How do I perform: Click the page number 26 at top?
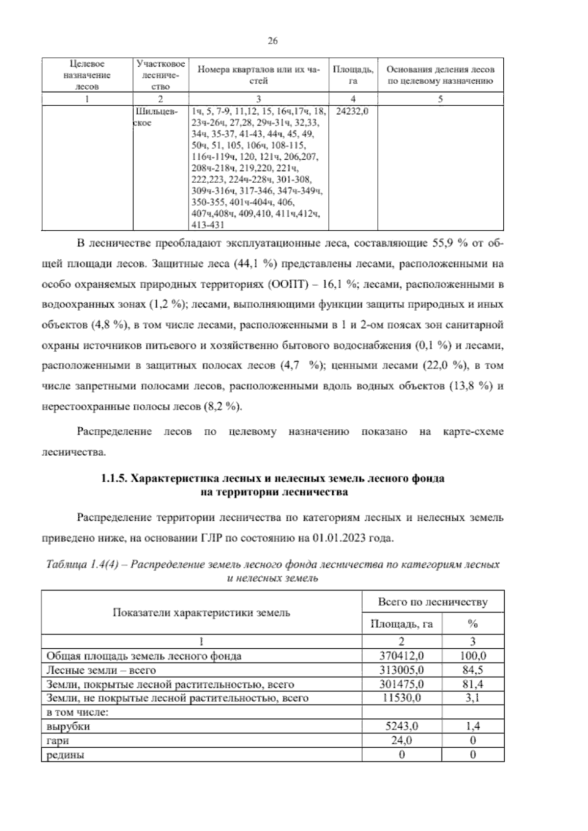(x=273, y=41)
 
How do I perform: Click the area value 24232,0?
(x=352, y=111)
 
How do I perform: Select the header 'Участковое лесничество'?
(x=161, y=75)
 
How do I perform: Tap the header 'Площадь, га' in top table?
(x=352, y=75)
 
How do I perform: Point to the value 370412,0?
(x=401, y=656)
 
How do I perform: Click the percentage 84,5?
(x=473, y=670)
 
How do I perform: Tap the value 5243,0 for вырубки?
(x=401, y=726)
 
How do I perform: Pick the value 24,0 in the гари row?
(x=401, y=740)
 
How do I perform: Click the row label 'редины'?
(x=65, y=755)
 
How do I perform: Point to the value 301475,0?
(x=401, y=684)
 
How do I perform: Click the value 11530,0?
(x=401, y=698)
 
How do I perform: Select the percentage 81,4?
(x=473, y=684)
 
